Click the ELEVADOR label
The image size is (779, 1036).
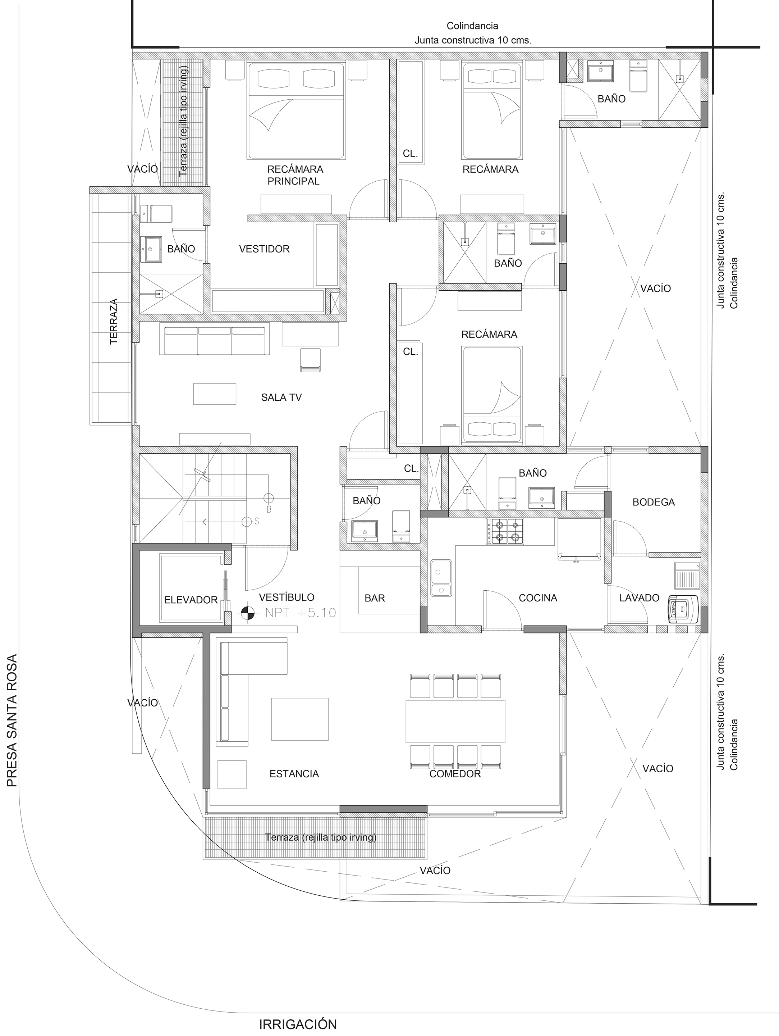[191, 600]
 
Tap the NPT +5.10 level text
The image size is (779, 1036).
[301, 613]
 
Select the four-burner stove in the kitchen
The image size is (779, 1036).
[505, 531]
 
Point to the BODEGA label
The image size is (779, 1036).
[654, 503]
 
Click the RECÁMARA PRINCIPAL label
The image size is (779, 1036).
[295, 175]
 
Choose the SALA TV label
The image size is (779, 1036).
[281, 397]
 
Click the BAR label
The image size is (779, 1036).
[375, 598]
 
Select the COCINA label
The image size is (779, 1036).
[538, 598]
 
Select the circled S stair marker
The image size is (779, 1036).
[246, 521]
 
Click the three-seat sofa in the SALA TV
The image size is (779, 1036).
[215, 341]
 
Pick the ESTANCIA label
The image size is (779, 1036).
[294, 774]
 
